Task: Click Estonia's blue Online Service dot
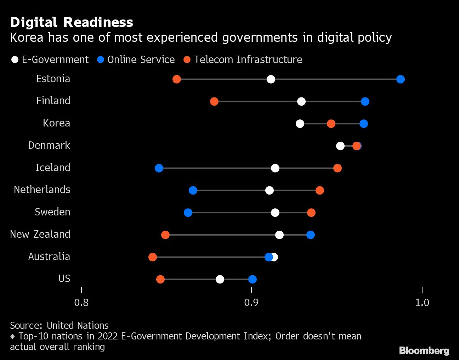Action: click(400, 79)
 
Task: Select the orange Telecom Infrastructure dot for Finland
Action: click(214, 102)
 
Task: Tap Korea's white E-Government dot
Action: click(300, 124)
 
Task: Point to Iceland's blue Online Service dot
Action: click(159, 168)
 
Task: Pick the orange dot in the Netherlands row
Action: click(319, 191)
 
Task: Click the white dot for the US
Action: click(220, 280)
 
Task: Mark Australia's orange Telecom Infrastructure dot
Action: click(153, 257)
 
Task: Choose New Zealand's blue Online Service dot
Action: click(310, 235)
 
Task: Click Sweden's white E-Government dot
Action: click(275, 213)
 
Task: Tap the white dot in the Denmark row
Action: click(340, 146)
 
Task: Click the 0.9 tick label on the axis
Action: click(251, 303)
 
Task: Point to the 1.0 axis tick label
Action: click(422, 303)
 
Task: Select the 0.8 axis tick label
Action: click(81, 303)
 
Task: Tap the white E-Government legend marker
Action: click(15, 60)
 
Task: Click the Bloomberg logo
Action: click(424, 350)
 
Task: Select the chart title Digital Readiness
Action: click(72, 22)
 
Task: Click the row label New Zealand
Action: click(40, 234)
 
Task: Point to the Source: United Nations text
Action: click(59, 325)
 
